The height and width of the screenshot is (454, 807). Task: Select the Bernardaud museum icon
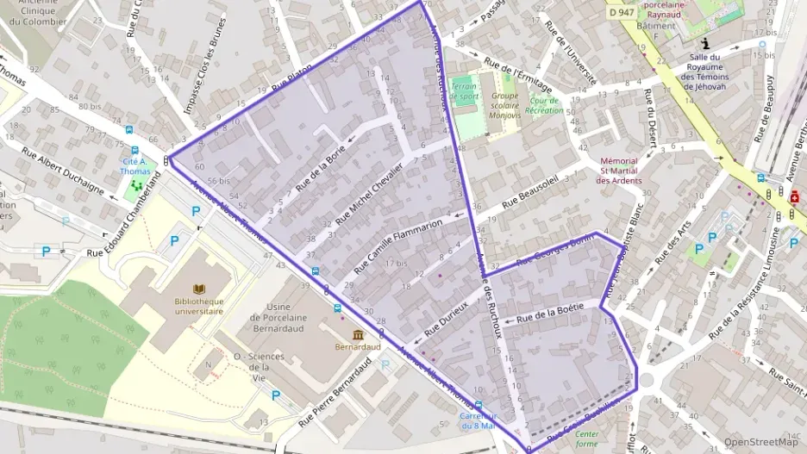[x=357, y=333]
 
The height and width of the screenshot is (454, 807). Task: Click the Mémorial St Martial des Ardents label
[x=618, y=171]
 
